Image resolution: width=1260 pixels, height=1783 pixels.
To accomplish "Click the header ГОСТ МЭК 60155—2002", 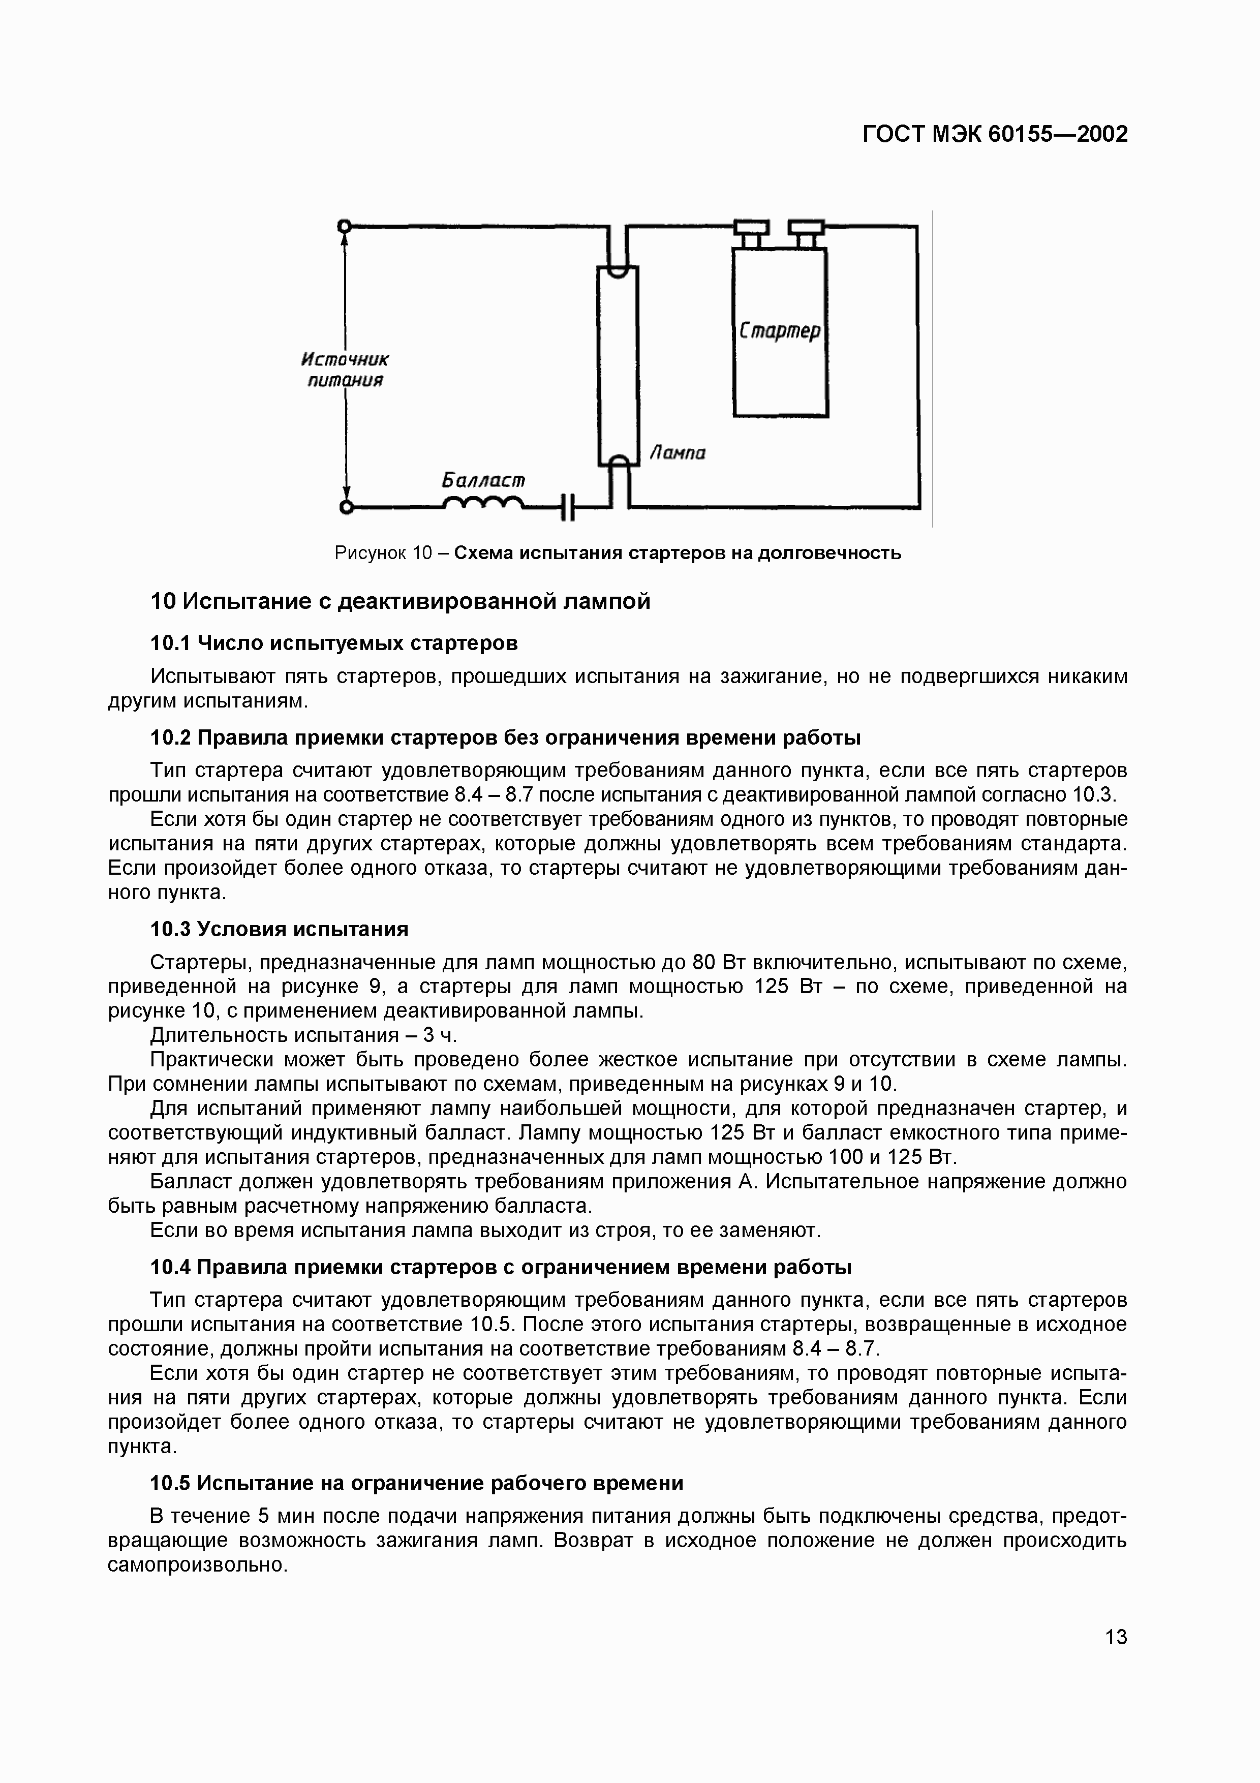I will (995, 134).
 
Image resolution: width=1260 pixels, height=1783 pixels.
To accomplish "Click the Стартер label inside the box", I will (780, 331).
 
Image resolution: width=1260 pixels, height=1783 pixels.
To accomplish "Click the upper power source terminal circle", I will (345, 226).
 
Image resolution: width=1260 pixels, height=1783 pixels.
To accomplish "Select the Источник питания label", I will (344, 370).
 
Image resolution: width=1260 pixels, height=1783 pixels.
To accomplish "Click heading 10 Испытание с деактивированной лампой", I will (400, 601).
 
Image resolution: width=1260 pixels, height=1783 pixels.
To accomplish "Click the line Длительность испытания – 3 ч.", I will (303, 1035).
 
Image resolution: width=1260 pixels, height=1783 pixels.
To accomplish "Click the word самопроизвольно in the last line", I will (197, 1565).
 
